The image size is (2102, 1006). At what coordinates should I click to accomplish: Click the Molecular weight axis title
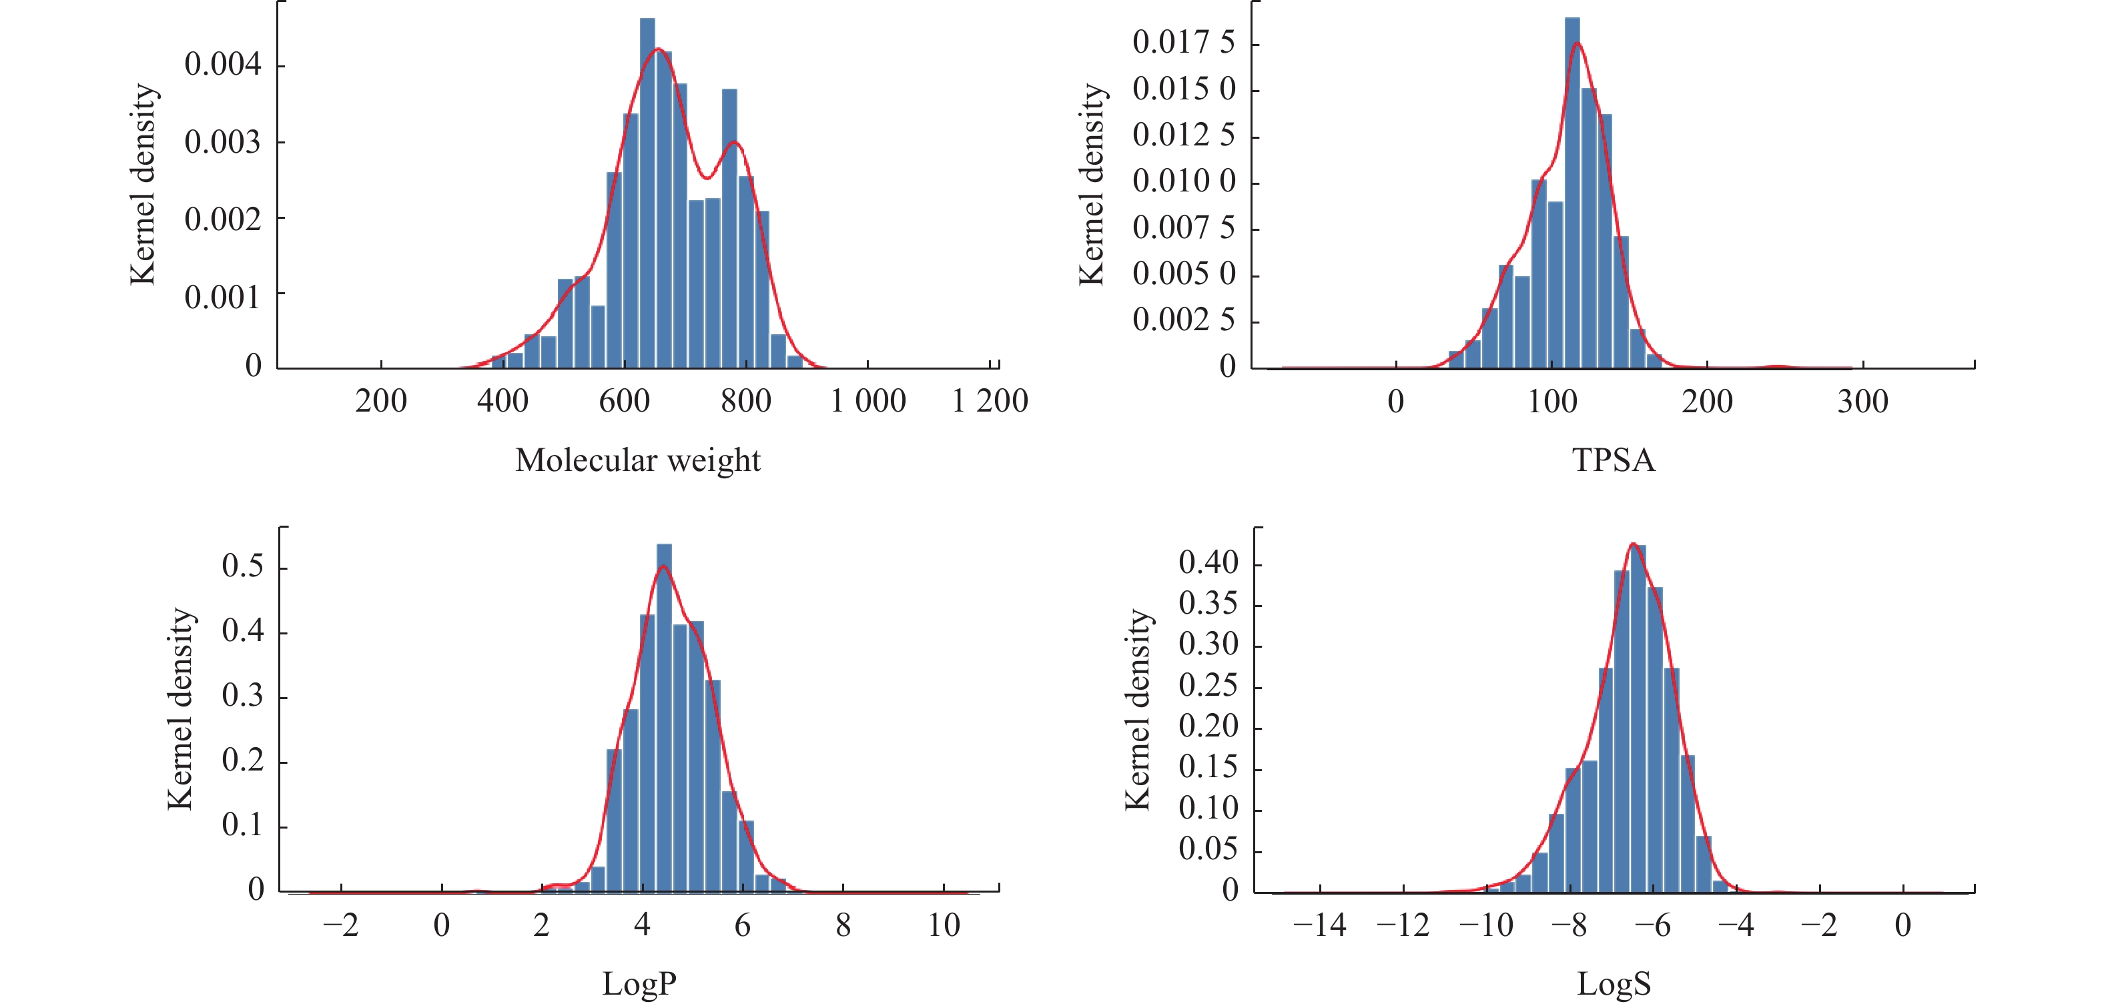[x=637, y=460]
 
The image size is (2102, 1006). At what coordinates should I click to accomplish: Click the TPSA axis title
[x=1614, y=460]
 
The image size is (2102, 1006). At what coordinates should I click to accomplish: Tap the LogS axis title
[x=1614, y=984]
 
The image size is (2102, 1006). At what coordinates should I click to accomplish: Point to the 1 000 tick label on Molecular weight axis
[x=867, y=402]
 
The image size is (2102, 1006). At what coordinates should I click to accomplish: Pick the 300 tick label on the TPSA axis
[x=1862, y=402]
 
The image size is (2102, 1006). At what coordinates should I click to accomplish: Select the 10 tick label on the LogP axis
[x=944, y=925]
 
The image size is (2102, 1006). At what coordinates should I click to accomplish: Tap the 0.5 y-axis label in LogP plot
[x=242, y=566]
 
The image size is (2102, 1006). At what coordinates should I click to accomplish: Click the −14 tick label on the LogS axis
[x=1319, y=925]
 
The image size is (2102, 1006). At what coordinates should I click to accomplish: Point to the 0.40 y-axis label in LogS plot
[x=1208, y=562]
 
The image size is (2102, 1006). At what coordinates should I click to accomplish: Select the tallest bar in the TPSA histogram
[x=1572, y=196]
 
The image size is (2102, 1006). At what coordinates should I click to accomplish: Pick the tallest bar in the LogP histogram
[x=664, y=718]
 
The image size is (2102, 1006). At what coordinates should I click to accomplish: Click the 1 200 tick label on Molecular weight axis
[x=990, y=402]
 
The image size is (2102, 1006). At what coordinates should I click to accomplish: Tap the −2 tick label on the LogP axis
[x=340, y=925]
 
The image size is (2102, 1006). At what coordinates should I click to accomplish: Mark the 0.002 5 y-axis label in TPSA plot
[x=1183, y=320]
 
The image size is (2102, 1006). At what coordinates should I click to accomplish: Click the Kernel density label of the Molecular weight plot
[x=143, y=184]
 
